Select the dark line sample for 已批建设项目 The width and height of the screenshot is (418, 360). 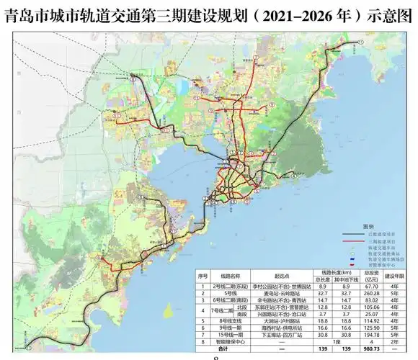click(x=352, y=235)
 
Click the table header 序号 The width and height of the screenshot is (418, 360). click(x=203, y=276)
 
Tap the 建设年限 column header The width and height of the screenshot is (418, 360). click(x=395, y=276)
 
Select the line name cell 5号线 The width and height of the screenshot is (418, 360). click(x=231, y=293)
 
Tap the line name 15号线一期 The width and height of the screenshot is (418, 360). click(x=231, y=334)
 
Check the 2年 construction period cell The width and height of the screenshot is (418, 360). click(x=395, y=341)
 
